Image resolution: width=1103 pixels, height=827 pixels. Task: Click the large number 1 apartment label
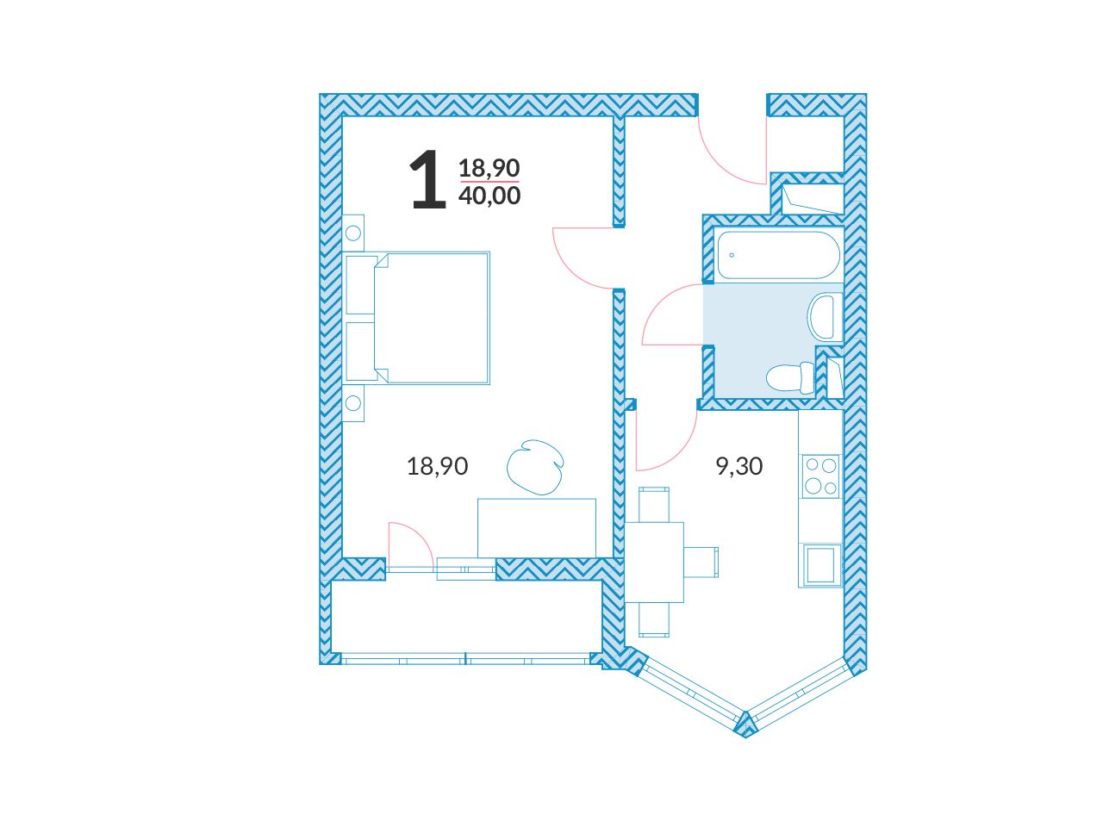click(427, 179)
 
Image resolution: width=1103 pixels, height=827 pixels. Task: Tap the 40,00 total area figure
click(489, 196)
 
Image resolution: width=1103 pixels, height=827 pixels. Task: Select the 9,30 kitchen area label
click(739, 466)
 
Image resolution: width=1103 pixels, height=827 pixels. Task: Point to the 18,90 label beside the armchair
click(437, 466)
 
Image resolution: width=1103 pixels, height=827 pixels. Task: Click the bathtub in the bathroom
click(778, 255)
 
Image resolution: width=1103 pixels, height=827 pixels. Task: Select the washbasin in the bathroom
click(825, 317)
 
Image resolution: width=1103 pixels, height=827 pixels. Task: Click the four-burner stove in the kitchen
click(821, 476)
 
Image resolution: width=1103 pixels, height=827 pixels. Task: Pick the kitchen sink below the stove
click(821, 565)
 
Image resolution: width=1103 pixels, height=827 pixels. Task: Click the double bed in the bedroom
click(417, 318)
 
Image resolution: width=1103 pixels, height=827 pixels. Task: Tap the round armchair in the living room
click(534, 467)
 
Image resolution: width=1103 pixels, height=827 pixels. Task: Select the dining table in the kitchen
click(654, 563)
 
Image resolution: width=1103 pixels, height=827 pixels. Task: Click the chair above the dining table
click(654, 504)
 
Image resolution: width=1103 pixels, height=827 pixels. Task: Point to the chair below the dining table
click(654, 619)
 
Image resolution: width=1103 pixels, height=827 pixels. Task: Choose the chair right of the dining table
click(701, 563)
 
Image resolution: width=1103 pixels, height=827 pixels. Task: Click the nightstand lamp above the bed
click(353, 233)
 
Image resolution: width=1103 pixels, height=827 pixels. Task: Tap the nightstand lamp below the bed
click(353, 402)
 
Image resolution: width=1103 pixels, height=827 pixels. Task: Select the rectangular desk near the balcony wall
click(537, 528)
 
